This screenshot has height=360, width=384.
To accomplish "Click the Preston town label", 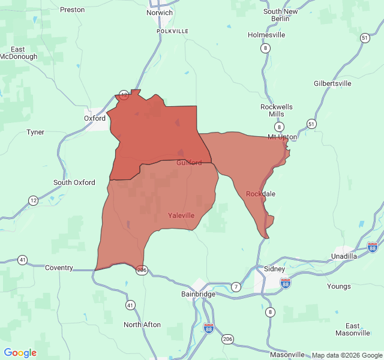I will coord(73,10).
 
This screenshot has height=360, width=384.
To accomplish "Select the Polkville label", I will coord(172,31).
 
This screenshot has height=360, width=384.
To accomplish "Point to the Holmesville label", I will coord(266,35).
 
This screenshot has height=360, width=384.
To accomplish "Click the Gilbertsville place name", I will coord(332,83).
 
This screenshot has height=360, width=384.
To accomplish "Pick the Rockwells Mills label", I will coord(277,110).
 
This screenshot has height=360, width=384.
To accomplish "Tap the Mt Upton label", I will coord(282,137).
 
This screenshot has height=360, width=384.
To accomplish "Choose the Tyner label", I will coord(35,132).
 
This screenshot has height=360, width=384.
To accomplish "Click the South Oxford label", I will coord(74,182).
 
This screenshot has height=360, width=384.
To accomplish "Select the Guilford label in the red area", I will coord(189,163).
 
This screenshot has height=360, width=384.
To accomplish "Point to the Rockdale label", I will coord(261,194).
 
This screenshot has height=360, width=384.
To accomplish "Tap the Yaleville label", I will coord(181,215).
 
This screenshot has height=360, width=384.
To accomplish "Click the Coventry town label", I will coord(59,268).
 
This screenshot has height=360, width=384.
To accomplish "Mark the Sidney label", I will coord(275,269).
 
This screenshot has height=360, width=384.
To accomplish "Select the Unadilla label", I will coord(344,256).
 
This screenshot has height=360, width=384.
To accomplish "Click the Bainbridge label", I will coord(197,294).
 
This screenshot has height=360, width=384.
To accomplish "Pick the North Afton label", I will coord(142,325).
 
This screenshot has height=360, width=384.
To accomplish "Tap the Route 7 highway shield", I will coord(236,287).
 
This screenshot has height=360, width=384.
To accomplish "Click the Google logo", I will coord(20,353).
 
